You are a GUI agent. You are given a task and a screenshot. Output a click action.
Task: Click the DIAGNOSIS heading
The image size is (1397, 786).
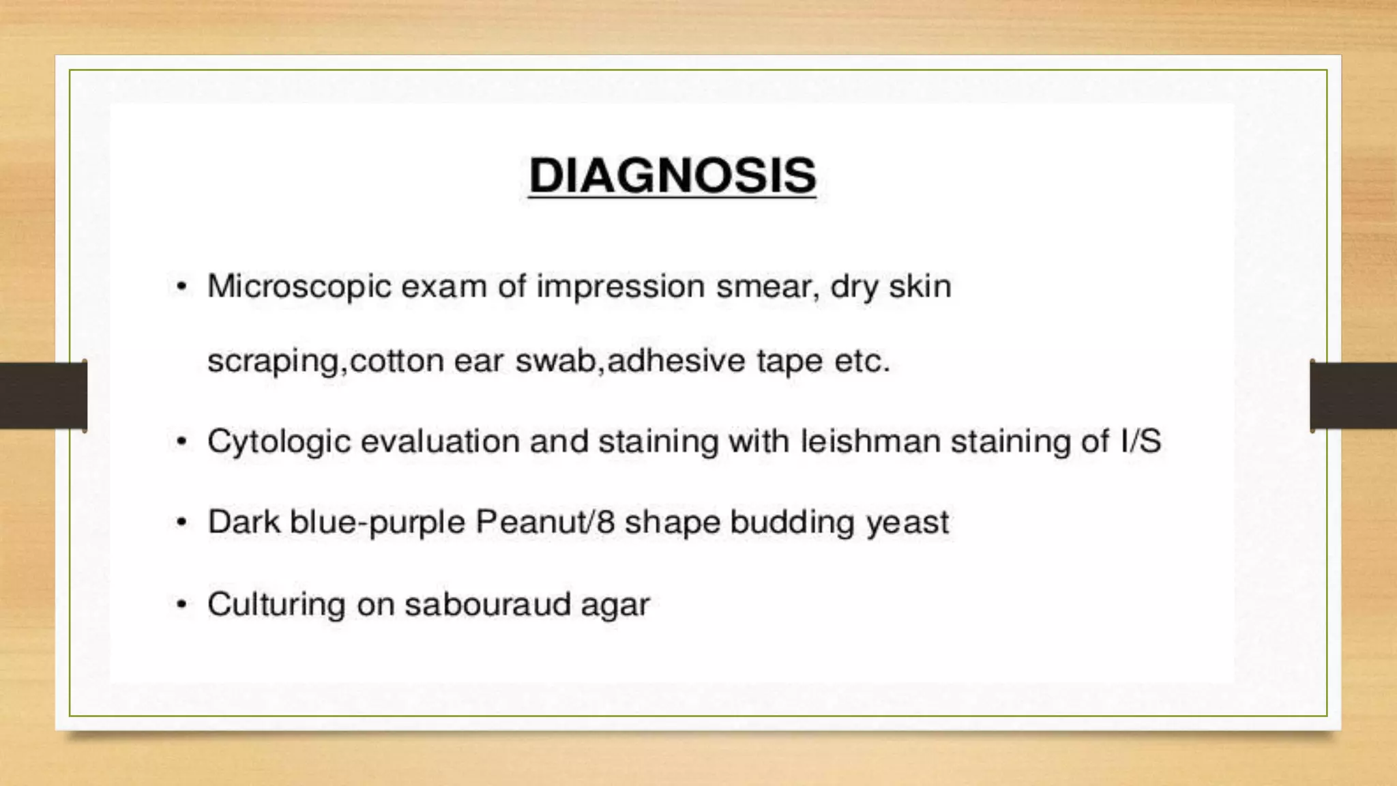tap(672, 175)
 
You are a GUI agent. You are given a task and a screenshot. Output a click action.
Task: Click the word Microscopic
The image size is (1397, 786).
tap(299, 287)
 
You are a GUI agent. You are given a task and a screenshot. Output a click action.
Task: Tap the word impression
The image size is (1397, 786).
tap(620, 287)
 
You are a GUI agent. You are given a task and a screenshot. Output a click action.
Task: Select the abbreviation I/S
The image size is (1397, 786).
tap(1141, 441)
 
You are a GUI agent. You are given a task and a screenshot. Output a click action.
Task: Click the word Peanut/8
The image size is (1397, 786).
tap(545, 522)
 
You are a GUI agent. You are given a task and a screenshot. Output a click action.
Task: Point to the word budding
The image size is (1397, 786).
tap(791, 522)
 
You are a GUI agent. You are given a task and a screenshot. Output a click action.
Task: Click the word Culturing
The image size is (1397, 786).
tap(276, 605)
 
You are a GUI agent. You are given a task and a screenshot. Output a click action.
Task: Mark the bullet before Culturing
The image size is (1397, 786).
tap(181, 605)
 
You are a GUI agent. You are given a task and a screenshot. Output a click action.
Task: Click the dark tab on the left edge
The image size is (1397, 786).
tap(43, 396)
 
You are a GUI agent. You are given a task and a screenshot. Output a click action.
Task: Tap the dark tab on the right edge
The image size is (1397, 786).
tap(1353, 396)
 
